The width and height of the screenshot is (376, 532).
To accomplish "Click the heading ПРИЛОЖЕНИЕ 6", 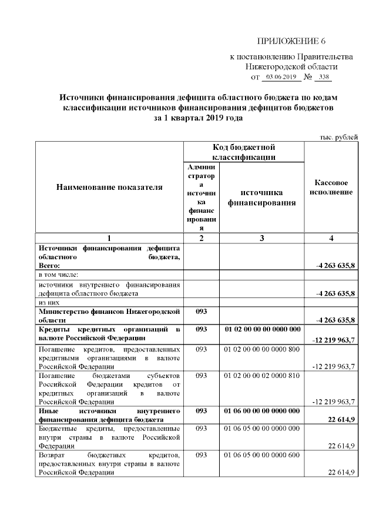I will tap(291, 41).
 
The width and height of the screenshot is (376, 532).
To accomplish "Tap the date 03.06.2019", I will tap(279, 77).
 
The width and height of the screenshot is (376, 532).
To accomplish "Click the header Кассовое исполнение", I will tap(331, 188).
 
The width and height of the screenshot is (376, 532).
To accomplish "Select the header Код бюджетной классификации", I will tap(244, 152).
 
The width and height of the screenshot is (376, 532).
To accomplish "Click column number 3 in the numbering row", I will tap(261, 237).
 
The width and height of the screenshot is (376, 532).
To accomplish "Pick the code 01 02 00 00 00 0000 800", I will tap(262, 350).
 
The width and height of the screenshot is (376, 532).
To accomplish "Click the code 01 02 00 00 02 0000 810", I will tap(262, 374).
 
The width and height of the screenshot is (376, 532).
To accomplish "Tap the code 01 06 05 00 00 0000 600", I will tap(262, 456).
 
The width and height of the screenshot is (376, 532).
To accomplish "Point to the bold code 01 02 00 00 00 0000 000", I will tap(262, 329).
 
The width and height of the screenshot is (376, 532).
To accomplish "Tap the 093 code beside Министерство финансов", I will tap(202, 311).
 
